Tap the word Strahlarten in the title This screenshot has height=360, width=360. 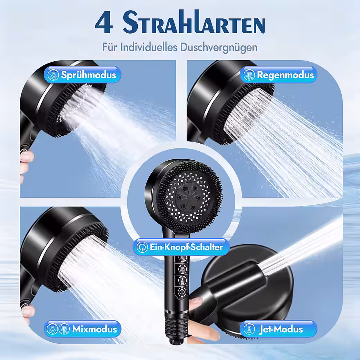tap(194, 22)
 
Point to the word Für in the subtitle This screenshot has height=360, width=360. tap(110, 47)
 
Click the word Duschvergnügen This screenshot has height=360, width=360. tap(218, 48)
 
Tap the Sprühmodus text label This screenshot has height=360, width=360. tap(88, 75)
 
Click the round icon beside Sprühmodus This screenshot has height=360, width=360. tap(53, 75)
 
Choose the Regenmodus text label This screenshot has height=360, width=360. tap(285, 75)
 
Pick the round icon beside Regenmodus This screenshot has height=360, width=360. tap(249, 75)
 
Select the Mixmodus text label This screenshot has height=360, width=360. tap(94, 329)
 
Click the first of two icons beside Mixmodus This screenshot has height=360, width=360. tap(52, 329)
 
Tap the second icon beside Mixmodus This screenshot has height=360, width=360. tap(64, 329)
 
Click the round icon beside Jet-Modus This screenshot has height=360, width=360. tap(249, 329)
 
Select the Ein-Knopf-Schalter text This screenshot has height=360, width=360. tap(186, 247)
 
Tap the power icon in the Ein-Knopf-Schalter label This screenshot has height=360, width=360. tap(142, 247)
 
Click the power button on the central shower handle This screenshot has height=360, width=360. tap(182, 292)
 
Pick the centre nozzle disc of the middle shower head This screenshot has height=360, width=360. tap(188, 197)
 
